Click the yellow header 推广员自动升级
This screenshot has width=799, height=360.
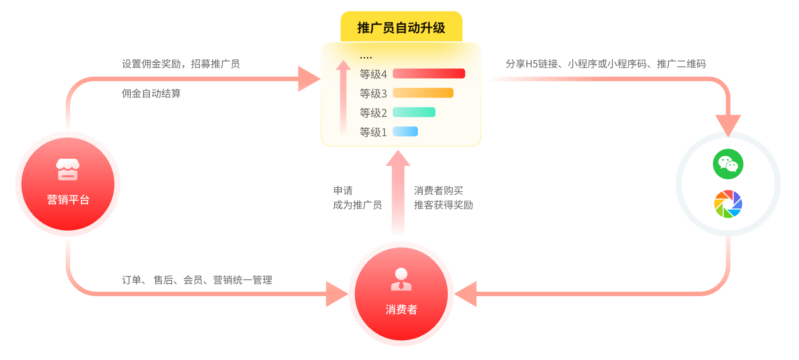point(401,27)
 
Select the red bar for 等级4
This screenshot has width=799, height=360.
point(429,74)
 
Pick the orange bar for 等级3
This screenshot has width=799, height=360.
point(423,93)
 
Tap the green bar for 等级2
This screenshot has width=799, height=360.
point(414,112)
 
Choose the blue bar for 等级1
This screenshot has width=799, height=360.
point(405,132)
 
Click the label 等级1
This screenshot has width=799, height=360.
point(373,132)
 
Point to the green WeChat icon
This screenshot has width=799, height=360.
point(728,164)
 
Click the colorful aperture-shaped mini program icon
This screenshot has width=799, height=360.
point(728,204)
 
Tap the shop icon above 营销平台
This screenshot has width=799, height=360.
point(68,170)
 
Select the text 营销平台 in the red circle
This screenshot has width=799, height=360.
point(68,200)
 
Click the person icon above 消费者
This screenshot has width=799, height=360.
point(401,279)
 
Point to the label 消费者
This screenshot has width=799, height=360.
point(401,310)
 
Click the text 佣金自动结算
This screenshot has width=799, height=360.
point(151,93)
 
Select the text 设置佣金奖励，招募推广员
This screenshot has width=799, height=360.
point(181,64)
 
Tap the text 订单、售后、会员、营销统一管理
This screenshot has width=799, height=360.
point(197,280)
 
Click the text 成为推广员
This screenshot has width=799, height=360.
point(357,205)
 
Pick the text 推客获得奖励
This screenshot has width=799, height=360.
point(443,205)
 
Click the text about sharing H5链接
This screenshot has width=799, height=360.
point(605,64)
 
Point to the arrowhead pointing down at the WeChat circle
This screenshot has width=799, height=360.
point(728,124)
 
